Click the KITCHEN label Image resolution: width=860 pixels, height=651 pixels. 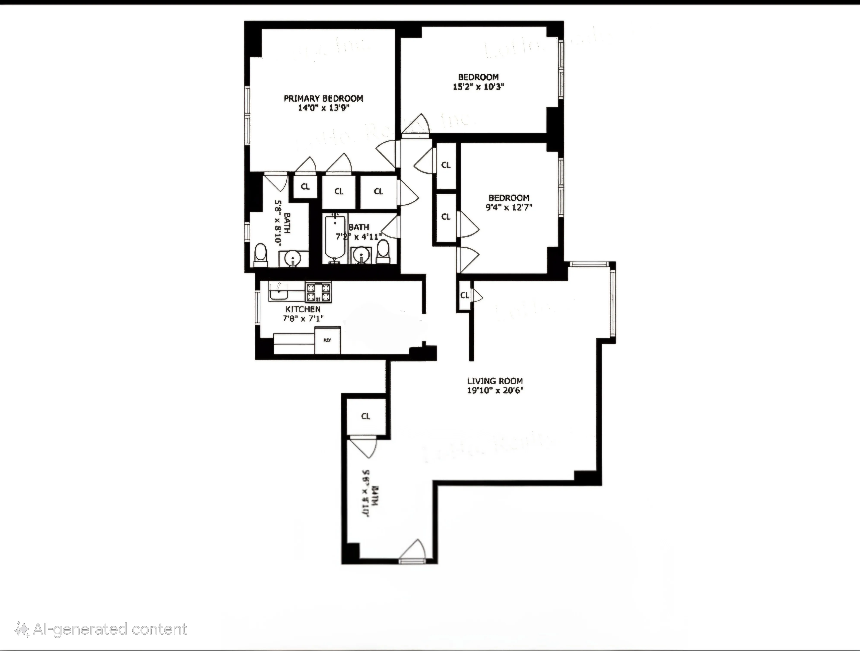[x=303, y=309]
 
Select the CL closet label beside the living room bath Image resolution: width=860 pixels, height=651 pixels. [x=365, y=416]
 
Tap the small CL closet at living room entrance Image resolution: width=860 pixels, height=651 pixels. [x=464, y=295]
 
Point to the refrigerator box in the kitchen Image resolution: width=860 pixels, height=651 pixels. [x=327, y=340]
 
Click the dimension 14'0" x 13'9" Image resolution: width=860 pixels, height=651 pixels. [x=324, y=108]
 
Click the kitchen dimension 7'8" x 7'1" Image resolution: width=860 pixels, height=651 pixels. [x=303, y=319]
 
